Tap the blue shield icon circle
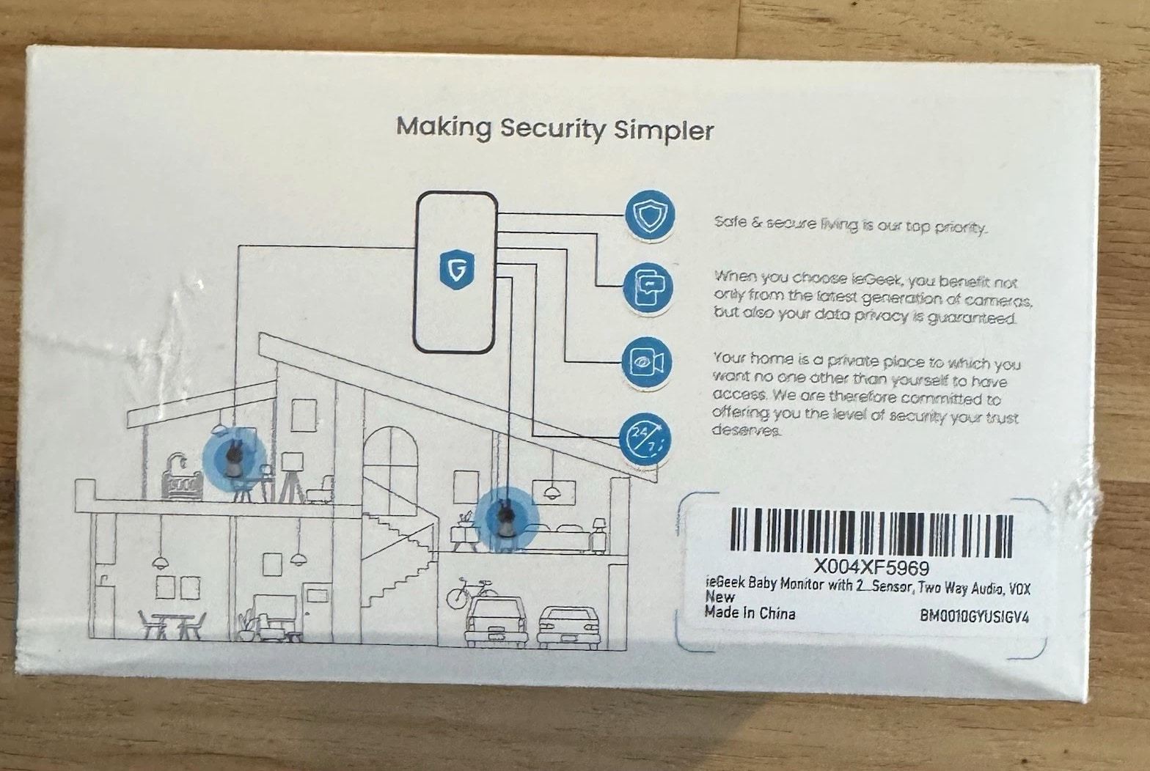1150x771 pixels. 650,215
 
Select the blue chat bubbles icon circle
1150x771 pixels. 648,288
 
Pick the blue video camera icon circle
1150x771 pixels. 647,362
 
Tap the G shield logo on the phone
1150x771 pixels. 456,269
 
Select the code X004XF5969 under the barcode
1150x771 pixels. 871,568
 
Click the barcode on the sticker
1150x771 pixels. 871,533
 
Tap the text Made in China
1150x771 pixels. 750,613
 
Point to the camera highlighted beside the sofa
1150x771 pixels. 506,518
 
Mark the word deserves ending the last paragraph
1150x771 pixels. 747,430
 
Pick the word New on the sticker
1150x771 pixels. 719,597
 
